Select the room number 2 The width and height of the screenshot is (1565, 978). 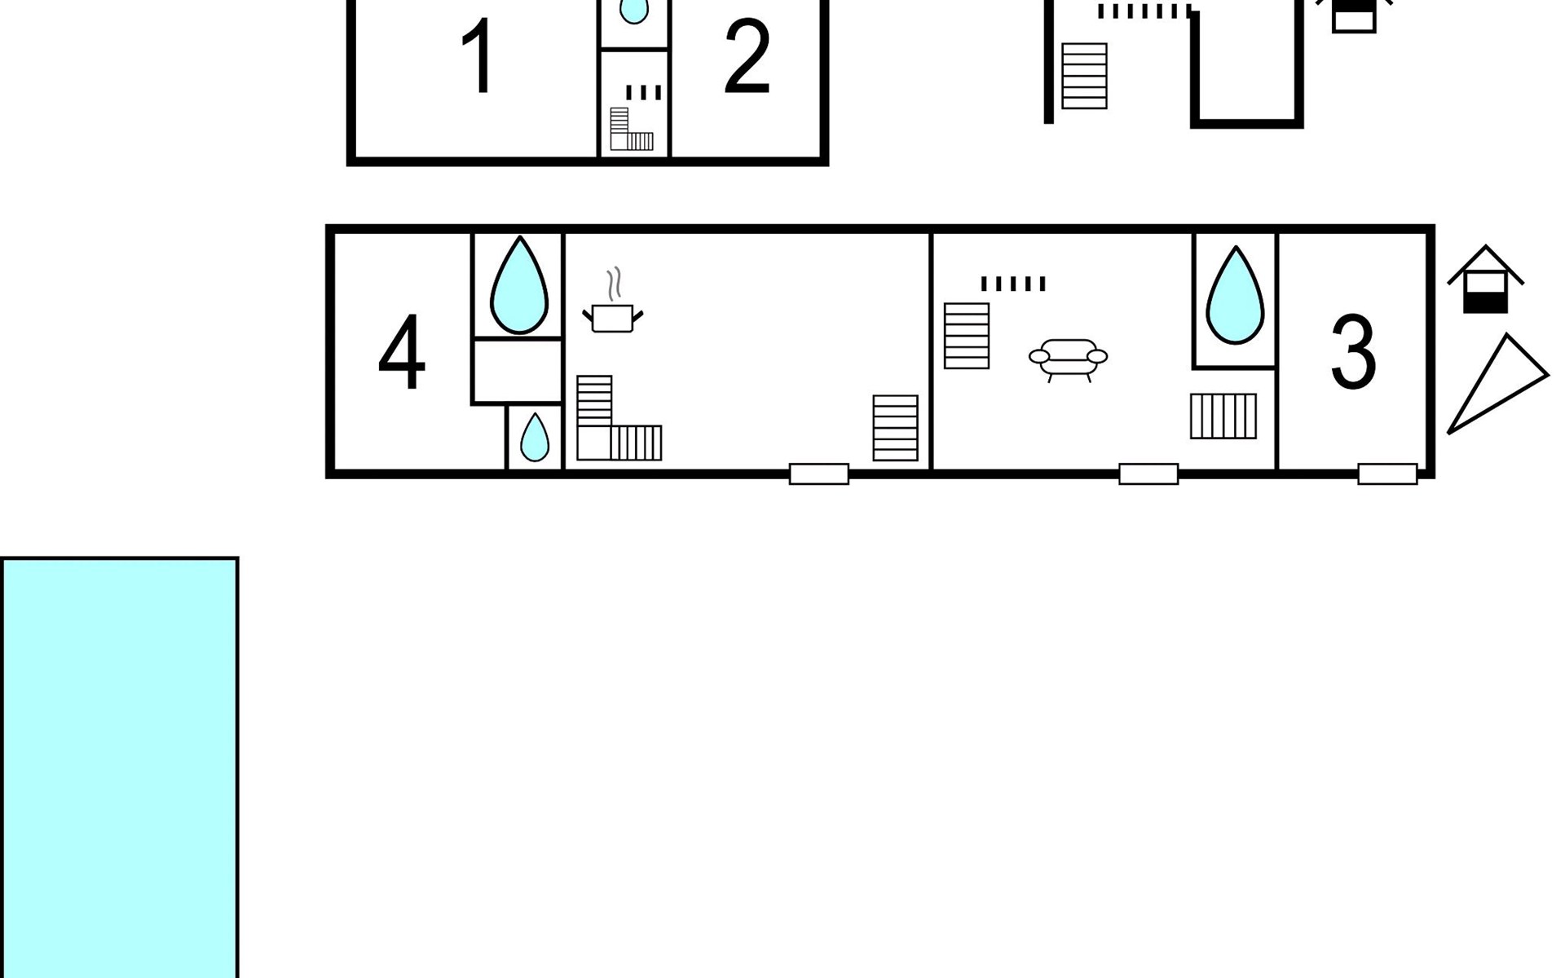[747, 57]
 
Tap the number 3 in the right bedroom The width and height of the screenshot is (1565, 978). [1354, 352]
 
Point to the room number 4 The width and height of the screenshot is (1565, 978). [402, 353]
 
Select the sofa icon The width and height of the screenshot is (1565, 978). [1069, 359]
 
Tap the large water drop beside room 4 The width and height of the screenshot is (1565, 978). [518, 285]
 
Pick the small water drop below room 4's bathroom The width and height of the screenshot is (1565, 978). [535, 437]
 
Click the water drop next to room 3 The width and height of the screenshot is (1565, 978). [1235, 295]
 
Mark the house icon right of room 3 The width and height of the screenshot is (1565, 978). [1485, 279]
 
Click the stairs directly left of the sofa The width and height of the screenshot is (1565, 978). [967, 336]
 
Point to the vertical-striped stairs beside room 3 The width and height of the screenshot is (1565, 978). [1223, 416]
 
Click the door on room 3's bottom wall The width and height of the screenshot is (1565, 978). [1387, 474]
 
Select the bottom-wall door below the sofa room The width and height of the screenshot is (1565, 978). [1148, 474]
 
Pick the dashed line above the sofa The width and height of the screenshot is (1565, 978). [1013, 284]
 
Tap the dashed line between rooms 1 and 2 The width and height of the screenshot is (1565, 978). [644, 92]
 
